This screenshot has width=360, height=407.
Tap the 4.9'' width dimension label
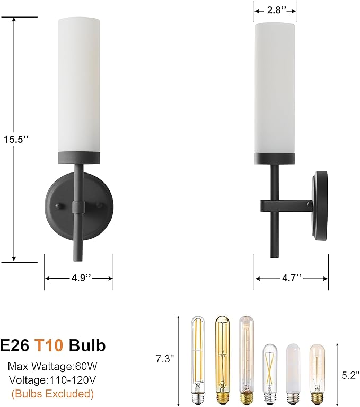point(79,278)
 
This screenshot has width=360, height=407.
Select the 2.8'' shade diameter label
point(275,10)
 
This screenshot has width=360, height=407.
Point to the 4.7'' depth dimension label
point(291,278)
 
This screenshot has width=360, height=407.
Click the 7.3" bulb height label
point(165,359)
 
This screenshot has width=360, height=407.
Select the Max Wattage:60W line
point(52,366)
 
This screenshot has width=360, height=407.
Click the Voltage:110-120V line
point(52,380)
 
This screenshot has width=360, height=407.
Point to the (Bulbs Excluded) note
point(52,394)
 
